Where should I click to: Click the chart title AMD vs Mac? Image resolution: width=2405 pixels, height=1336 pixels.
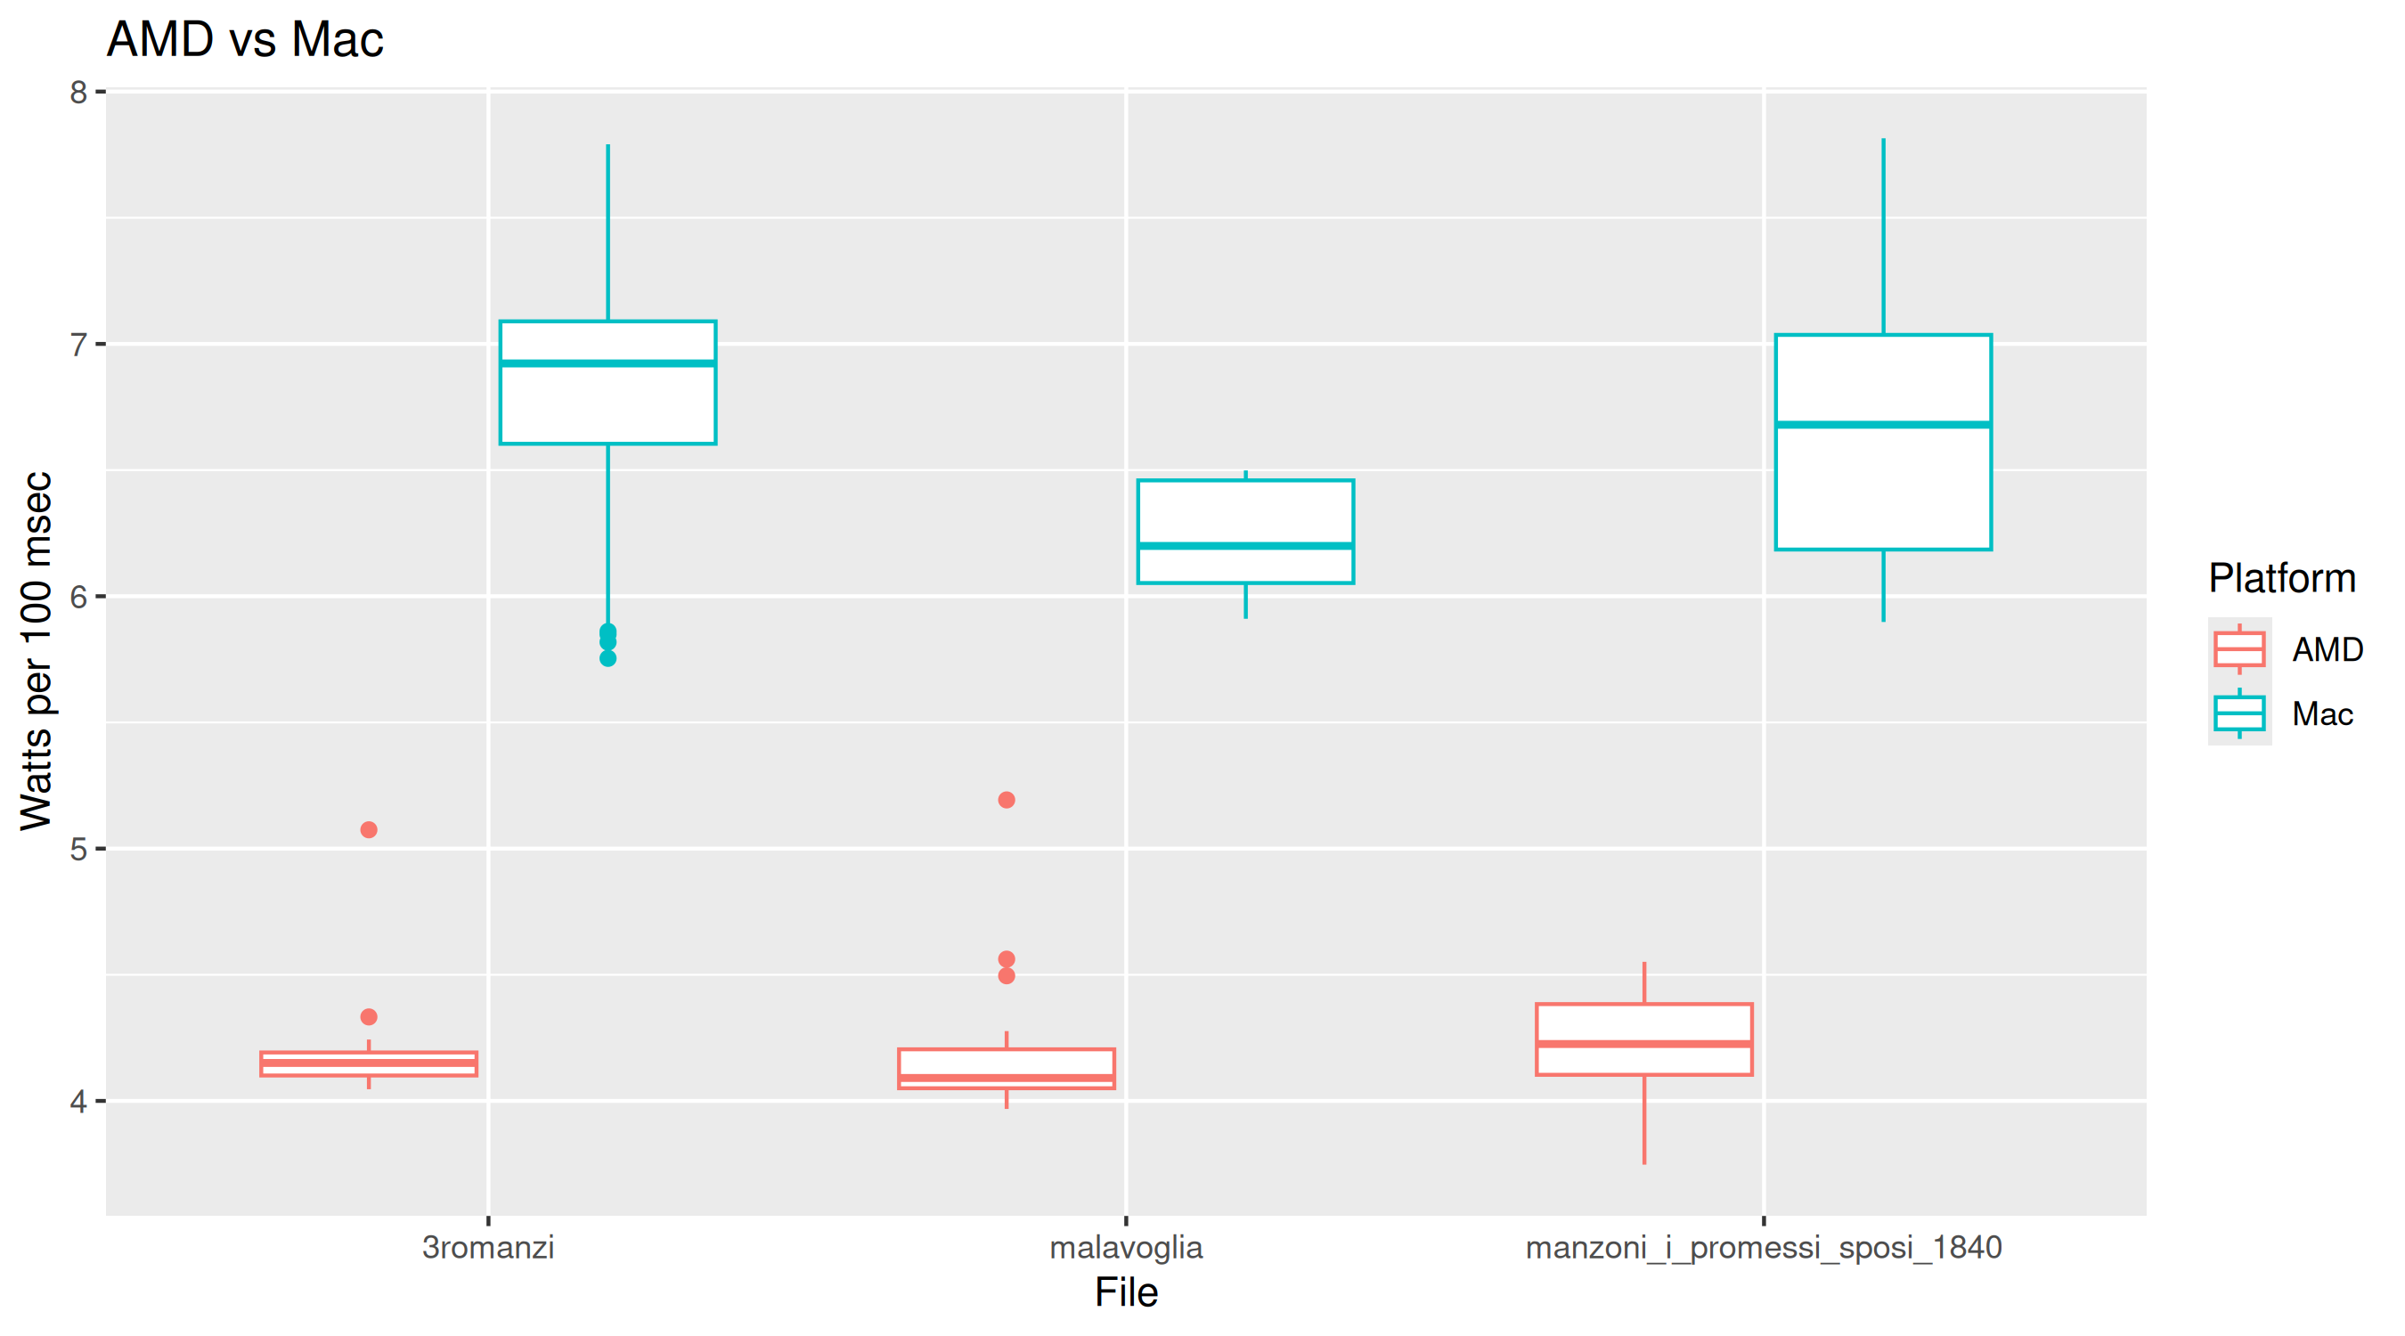coord(245,40)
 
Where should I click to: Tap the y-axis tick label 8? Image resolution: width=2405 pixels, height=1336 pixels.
coord(78,93)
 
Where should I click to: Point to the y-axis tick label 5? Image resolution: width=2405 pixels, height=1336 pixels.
coord(78,850)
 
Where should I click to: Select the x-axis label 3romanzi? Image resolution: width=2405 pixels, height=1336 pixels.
coord(487,1247)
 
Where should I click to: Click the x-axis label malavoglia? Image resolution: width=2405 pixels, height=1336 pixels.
coord(1126,1247)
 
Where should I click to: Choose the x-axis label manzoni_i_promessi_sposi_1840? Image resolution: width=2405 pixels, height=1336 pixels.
coord(1763,1247)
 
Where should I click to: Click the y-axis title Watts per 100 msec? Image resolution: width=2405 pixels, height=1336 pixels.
coord(37,651)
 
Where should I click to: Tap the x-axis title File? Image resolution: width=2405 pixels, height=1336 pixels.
coord(1126,1293)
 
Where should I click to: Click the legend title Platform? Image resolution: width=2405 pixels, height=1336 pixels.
coord(2281,579)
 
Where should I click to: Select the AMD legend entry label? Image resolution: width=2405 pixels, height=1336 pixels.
coord(2327,650)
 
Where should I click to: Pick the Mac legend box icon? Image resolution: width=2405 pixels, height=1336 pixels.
coord(2238,714)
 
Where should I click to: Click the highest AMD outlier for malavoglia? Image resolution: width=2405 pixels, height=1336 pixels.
coord(1007,800)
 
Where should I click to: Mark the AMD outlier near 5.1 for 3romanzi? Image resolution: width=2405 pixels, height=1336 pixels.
coord(369,830)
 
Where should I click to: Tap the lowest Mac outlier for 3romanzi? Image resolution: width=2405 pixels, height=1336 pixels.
coord(607,658)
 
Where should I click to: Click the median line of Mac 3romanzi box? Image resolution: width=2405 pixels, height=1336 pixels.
coord(607,363)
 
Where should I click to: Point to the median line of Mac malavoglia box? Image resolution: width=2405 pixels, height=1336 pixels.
coord(1245,546)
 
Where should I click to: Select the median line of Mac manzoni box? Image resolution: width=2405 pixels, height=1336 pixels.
coord(1883,425)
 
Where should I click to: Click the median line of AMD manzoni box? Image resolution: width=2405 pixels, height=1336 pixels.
coord(1644,1044)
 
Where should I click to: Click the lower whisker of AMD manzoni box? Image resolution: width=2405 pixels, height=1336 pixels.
coord(1644,1120)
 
